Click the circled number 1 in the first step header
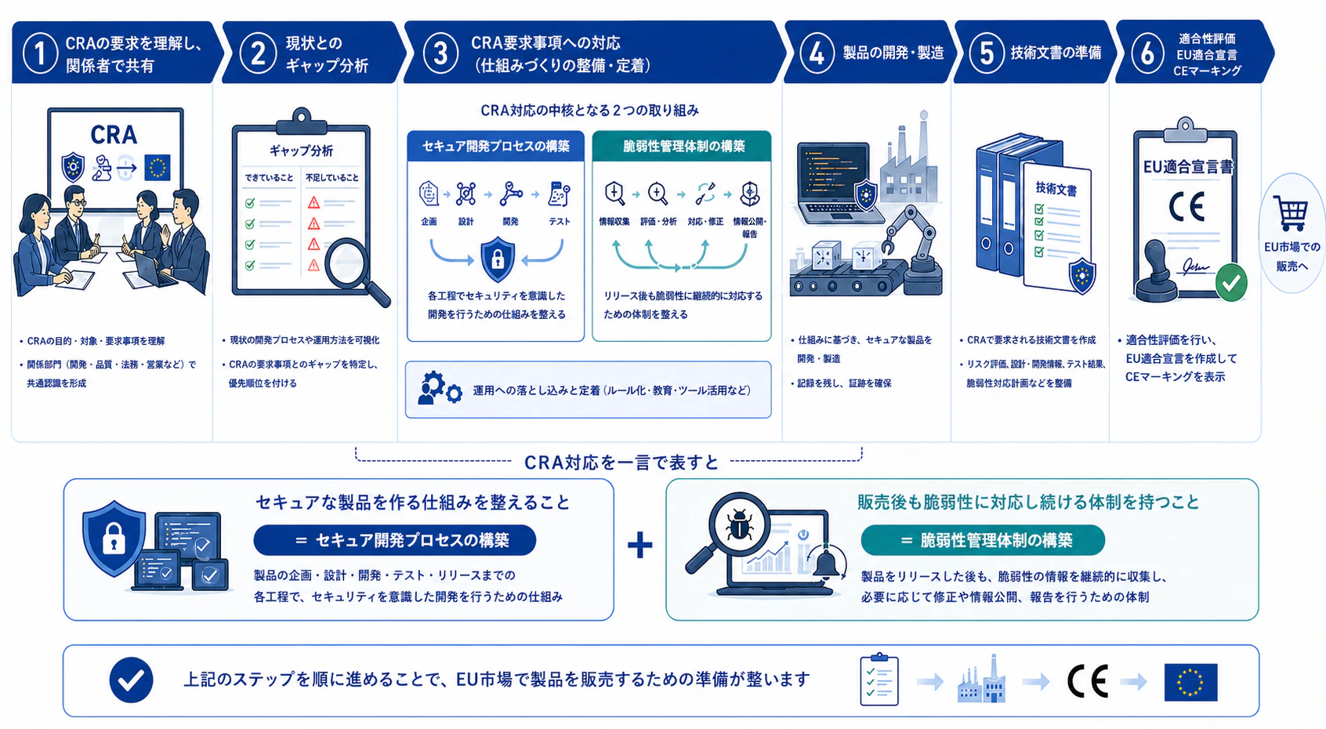pos(40,53)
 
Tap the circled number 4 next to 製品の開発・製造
pos(817,53)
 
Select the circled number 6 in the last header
pos(1147,53)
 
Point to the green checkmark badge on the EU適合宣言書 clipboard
pos(1231,283)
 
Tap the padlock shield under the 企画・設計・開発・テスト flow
pos(497,259)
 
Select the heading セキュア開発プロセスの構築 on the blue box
pos(495,147)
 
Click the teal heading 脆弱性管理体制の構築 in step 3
pos(683,147)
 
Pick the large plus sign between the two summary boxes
pos(640,545)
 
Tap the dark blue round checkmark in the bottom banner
pos(131,680)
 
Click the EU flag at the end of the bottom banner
pos(1190,682)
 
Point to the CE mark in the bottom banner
pos(1088,682)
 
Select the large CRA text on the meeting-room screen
pos(114,135)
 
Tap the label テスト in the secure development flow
pos(559,222)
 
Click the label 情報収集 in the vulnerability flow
pos(614,222)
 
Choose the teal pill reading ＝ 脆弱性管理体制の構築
pos(983,540)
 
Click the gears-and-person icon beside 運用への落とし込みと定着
pos(440,388)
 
